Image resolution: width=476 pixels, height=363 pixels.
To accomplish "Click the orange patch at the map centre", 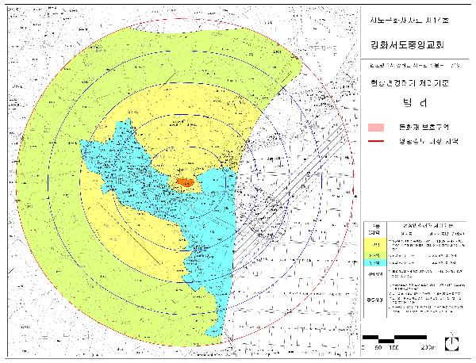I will click(x=185, y=182).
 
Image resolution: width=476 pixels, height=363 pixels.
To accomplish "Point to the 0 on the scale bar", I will click(x=363, y=346).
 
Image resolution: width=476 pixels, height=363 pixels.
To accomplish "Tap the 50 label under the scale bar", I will click(x=378, y=347).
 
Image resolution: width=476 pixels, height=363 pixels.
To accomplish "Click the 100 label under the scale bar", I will click(x=395, y=347).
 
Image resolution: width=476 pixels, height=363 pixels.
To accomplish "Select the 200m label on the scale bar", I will click(x=428, y=347).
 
